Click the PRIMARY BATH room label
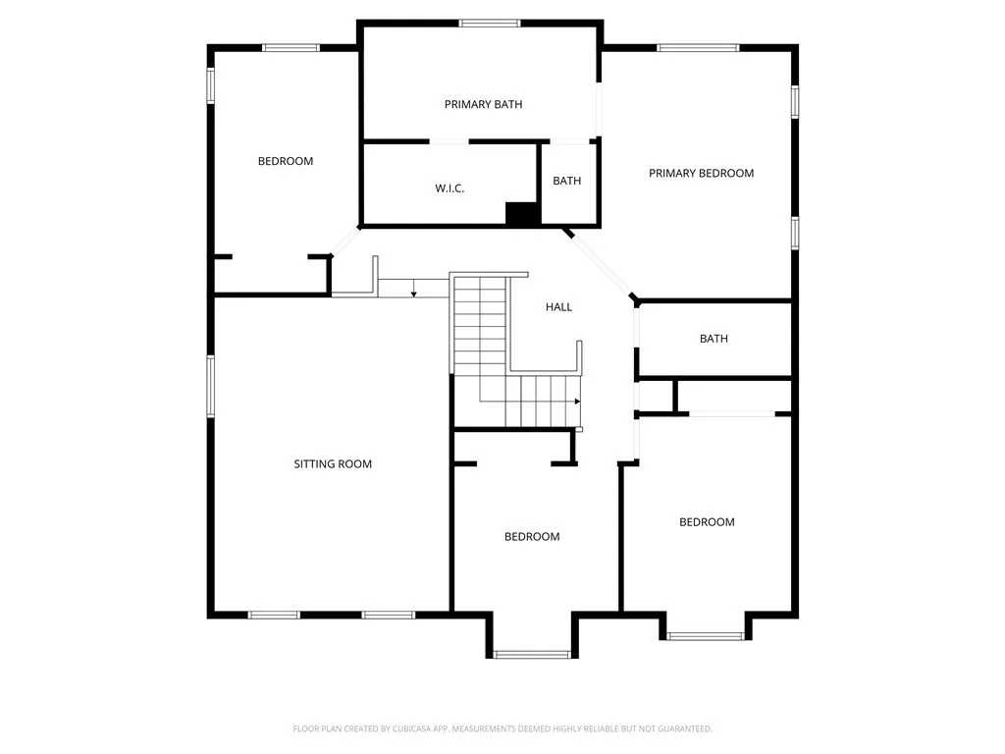coord(483,104)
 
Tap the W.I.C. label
coord(450,188)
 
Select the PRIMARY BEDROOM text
coord(701,173)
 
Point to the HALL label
coord(558,307)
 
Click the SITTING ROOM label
coord(333,463)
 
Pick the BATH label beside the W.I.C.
coord(566,181)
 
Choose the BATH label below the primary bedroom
coord(714,339)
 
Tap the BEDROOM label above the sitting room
coord(285,161)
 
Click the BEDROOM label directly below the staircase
coord(532,536)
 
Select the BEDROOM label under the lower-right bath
coord(707,521)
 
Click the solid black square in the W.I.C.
coord(522,214)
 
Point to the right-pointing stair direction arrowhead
coord(577,402)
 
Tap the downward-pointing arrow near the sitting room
coord(414,292)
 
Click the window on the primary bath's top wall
coord(490,23)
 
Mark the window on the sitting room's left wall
coord(210,385)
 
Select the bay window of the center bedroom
coord(530,653)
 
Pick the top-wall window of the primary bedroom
coord(698,47)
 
